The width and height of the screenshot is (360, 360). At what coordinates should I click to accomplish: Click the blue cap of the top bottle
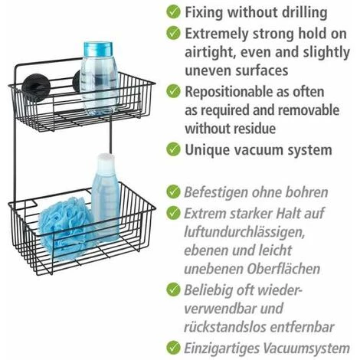(x=98, y=49)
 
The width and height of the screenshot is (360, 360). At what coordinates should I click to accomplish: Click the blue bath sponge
(x=66, y=227)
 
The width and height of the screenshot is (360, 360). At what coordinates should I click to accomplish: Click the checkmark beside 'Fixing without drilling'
(x=173, y=11)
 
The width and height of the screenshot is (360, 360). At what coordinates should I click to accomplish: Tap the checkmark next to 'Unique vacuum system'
(x=173, y=149)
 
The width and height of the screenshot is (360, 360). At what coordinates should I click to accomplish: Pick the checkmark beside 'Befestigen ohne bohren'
(x=173, y=191)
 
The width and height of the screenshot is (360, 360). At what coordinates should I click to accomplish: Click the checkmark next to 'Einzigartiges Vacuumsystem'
(x=173, y=348)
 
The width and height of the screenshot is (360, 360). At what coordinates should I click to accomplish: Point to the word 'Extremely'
(x=217, y=34)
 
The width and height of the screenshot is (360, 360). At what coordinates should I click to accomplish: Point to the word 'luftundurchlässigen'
(x=244, y=232)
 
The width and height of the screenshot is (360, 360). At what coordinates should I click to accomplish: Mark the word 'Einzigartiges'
(x=221, y=349)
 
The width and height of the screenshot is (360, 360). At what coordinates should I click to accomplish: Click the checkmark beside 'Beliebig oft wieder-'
(x=173, y=290)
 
